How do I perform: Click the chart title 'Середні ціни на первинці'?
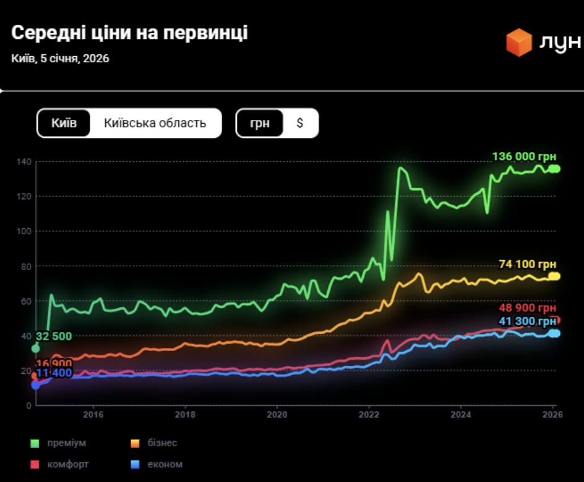coord(129,33)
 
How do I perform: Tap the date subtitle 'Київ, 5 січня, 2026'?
coord(60,59)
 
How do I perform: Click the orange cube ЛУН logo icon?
coord(518,42)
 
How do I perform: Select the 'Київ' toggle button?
coord(64,123)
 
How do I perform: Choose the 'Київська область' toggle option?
coord(155,123)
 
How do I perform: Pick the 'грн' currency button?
coord(260,123)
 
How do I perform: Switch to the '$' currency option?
coord(300,123)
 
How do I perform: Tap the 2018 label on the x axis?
coord(184,415)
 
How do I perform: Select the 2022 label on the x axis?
coord(369,415)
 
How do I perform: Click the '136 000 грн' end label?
coord(523,157)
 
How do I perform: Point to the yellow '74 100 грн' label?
coord(527,264)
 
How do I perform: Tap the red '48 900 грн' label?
coord(527,308)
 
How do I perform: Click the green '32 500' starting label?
coord(54,337)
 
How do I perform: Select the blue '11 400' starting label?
coord(54,373)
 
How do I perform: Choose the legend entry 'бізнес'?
coord(162,443)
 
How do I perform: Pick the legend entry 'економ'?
coord(165,464)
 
